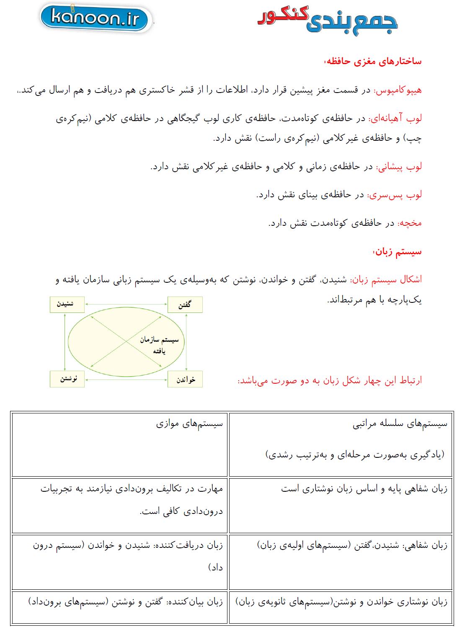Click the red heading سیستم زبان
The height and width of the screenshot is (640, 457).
tap(398, 252)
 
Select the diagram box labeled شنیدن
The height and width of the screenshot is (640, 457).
tap(67, 305)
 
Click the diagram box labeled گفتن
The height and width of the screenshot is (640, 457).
tap(185, 305)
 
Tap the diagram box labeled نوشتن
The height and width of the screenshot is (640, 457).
tap(67, 379)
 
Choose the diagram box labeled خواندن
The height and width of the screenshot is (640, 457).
tap(185, 379)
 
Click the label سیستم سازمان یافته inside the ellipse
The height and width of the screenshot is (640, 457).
tap(159, 345)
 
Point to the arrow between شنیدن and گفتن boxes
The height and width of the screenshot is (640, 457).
tap(126, 305)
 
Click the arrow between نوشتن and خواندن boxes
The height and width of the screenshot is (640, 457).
tap(126, 379)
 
